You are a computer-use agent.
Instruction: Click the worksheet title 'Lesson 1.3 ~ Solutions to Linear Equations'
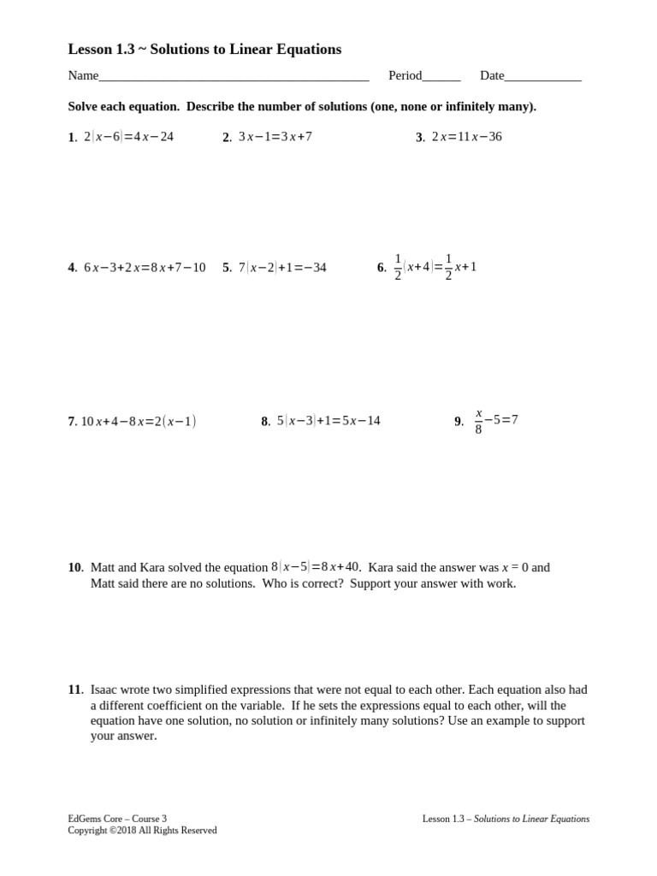tap(204, 50)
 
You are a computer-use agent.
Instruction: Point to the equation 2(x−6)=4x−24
tap(128, 137)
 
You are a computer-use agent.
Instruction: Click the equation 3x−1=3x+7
tap(275, 137)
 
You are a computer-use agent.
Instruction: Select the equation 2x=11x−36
tap(466, 137)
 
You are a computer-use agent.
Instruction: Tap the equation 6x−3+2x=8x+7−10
tap(145, 268)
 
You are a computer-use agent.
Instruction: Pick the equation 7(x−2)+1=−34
tap(282, 268)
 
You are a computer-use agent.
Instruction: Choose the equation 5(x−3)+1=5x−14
tap(328, 421)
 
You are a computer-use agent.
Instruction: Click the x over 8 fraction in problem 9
tap(478, 421)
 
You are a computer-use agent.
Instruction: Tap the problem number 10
tap(75, 567)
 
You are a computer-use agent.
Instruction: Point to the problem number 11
tap(75, 690)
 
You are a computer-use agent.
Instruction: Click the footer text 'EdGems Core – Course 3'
tap(117, 819)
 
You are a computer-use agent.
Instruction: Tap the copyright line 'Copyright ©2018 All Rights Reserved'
tap(142, 831)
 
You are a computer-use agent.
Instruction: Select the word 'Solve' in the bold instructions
tap(84, 107)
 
